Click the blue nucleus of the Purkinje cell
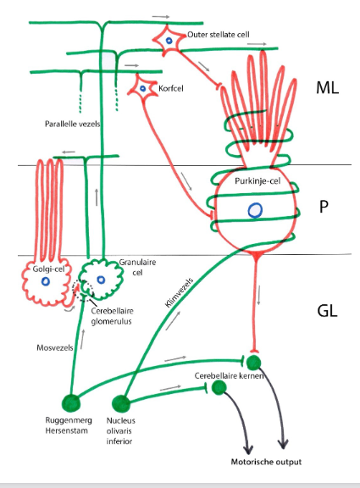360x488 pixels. click(x=253, y=209)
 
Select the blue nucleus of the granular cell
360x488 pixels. click(x=101, y=280)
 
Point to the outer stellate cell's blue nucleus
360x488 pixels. click(x=169, y=40)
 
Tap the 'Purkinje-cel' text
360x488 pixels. click(x=253, y=181)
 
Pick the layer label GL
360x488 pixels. click(x=327, y=311)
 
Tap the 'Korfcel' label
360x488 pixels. click(x=172, y=86)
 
